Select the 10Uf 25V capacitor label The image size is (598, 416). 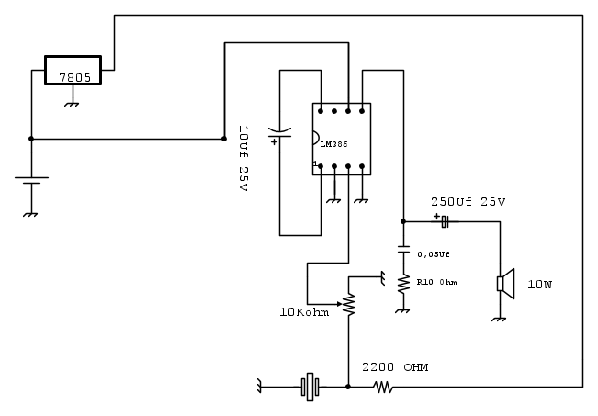tap(243, 158)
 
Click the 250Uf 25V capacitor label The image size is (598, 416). tap(468, 201)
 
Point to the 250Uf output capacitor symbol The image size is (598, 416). tap(445, 221)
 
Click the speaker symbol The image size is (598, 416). tap(505, 283)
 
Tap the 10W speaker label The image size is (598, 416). tap(540, 284)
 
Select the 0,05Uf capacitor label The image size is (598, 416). tap(434, 253)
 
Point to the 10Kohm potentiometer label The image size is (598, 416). tap(305, 312)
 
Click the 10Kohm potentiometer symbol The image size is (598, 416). tap(349, 302)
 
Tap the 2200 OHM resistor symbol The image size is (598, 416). tap(383, 388)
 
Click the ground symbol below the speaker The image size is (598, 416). tap(499, 319)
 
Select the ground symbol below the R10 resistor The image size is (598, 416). tap(401, 310)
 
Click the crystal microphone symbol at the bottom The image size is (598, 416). tap(310, 388)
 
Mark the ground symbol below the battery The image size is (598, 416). tap(31, 214)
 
